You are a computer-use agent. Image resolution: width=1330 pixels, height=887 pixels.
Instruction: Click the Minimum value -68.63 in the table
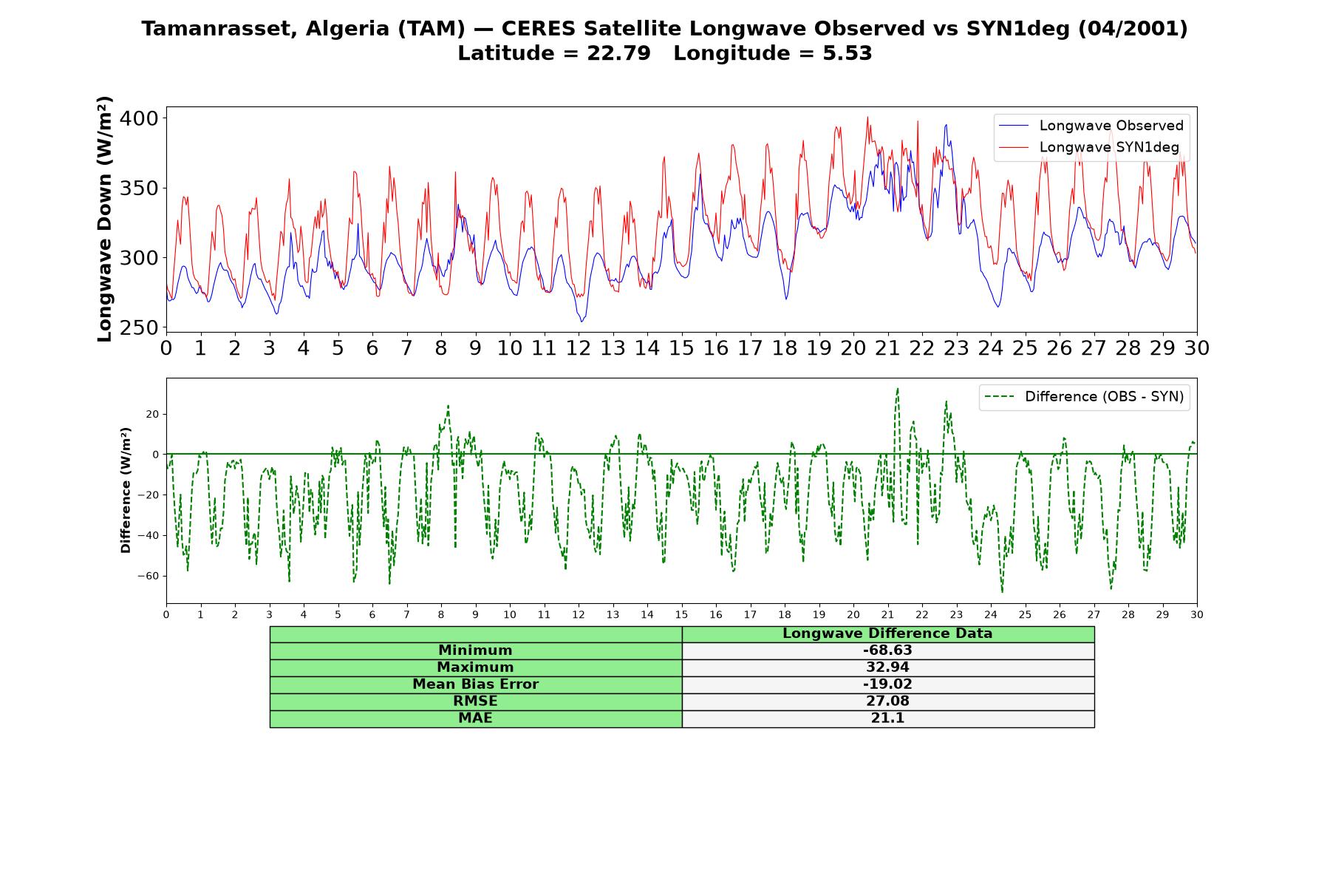click(887, 650)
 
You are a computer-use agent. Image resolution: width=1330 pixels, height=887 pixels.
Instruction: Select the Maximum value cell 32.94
click(887, 667)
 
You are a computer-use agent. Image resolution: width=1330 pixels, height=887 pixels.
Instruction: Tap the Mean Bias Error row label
click(475, 684)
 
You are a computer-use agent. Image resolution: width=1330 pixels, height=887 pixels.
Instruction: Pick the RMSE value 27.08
click(887, 701)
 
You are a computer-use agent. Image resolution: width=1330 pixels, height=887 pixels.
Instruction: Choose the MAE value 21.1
click(887, 718)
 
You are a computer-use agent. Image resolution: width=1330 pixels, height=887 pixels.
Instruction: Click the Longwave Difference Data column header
click(887, 633)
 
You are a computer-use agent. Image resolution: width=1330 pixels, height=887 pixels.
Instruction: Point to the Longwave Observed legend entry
click(1091, 126)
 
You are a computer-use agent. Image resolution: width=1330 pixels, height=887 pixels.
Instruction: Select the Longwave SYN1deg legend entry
click(1089, 147)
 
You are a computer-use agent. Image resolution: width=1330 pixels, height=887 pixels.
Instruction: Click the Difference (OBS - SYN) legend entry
click(1084, 397)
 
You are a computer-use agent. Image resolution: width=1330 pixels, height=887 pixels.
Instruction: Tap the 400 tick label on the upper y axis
click(138, 118)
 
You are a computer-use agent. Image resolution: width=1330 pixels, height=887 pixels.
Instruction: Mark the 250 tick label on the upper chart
click(138, 327)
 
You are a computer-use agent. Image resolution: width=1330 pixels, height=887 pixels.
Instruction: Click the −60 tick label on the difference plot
click(147, 576)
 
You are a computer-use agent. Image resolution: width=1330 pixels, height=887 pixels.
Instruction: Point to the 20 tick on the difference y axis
click(152, 414)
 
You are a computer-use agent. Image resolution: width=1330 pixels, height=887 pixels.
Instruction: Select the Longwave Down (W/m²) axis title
click(105, 219)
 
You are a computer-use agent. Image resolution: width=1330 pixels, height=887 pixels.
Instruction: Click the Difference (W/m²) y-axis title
click(126, 490)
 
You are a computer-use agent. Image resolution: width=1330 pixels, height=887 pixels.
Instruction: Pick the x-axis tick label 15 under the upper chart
click(681, 348)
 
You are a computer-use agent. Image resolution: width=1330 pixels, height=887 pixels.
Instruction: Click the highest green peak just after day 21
click(898, 389)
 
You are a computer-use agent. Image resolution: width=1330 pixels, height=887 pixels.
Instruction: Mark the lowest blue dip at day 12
click(582, 321)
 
